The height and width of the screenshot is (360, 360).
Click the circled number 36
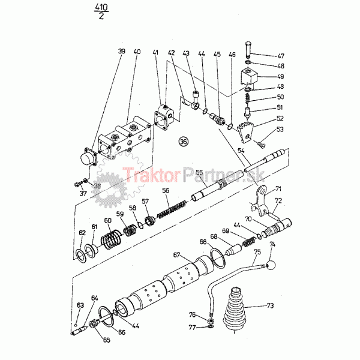[184, 142]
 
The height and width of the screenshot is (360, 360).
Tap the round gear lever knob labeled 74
[271, 265]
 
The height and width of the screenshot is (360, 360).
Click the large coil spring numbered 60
[111, 240]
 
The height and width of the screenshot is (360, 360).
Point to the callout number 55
[199, 172]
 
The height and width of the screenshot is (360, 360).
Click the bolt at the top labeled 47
[248, 50]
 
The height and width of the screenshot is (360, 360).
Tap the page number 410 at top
[101, 7]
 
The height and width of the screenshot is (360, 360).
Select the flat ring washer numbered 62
[81, 256]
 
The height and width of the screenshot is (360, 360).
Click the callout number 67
[176, 255]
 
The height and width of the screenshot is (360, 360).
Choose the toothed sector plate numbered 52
[245, 133]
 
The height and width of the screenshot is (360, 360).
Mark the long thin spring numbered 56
[172, 208]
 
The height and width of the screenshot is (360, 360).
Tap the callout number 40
[137, 52]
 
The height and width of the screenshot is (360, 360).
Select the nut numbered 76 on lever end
[211, 321]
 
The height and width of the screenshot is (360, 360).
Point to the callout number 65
[107, 340]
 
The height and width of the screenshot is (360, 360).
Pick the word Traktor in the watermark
[151, 175]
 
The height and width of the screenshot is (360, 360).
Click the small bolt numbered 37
[79, 184]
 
